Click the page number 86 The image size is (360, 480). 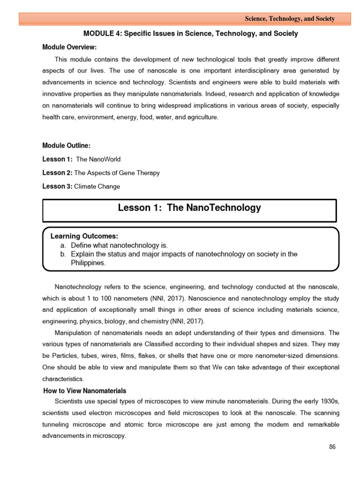click(332, 447)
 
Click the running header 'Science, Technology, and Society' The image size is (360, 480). click(290, 19)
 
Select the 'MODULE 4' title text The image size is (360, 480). click(190, 34)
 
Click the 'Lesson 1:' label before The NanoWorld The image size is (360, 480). click(57, 159)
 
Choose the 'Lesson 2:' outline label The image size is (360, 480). click(57, 173)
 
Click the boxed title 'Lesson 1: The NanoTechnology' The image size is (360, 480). click(189, 208)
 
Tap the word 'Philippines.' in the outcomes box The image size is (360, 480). click(89, 263)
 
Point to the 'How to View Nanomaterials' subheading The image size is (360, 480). click(85, 391)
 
